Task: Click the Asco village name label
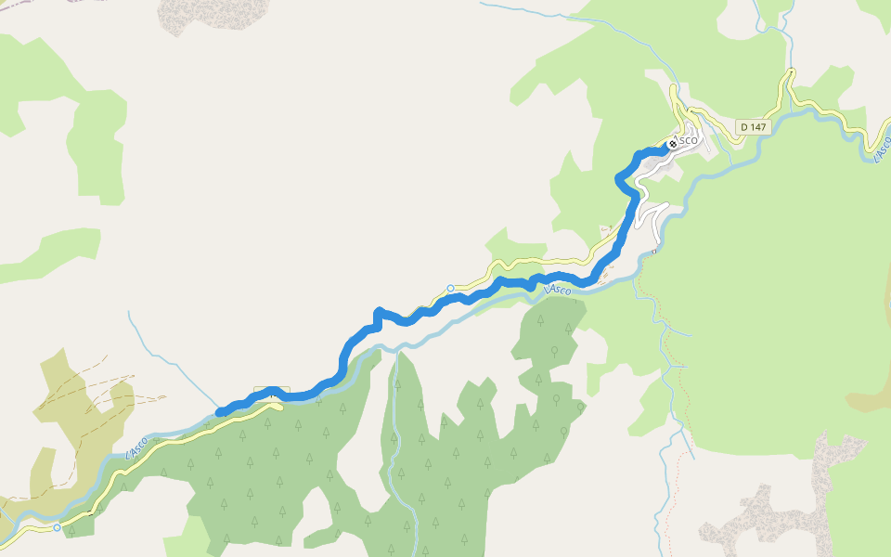[x=687, y=140]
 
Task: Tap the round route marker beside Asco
[x=672, y=144]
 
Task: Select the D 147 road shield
[x=755, y=126]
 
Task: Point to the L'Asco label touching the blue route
[x=558, y=290]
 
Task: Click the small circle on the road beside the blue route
[x=450, y=289]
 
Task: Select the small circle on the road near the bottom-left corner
[x=58, y=527]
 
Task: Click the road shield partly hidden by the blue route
[x=272, y=392]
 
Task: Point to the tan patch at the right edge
[x=868, y=395]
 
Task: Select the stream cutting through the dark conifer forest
[x=396, y=436]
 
